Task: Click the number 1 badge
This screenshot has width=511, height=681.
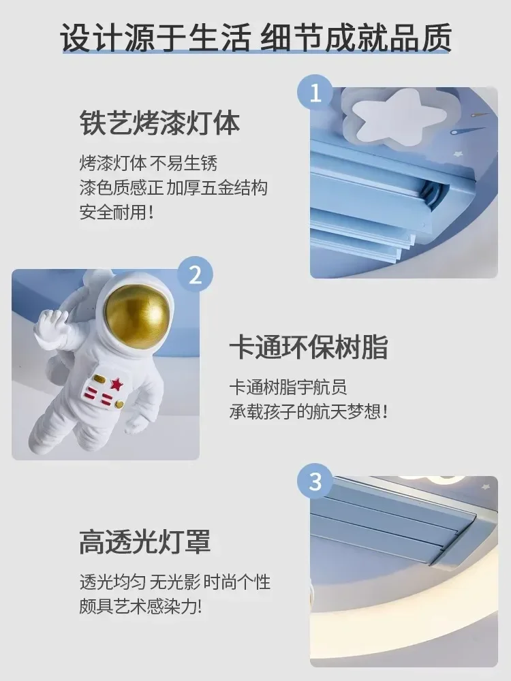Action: point(315,93)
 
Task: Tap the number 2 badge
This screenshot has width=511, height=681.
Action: point(195,275)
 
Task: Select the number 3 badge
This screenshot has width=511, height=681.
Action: point(315,482)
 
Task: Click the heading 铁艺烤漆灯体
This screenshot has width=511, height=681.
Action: point(160,125)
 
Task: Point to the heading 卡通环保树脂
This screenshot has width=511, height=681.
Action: point(308,347)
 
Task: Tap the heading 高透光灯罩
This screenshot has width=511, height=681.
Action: point(145,543)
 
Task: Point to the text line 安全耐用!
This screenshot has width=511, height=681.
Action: point(117,212)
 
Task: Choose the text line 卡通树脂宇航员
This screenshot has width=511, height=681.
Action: point(288,387)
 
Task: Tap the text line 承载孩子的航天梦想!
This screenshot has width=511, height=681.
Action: point(308,412)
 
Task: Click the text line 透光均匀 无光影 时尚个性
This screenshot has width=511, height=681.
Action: point(174,582)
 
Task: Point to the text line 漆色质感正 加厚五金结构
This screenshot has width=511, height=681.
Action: point(173,188)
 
